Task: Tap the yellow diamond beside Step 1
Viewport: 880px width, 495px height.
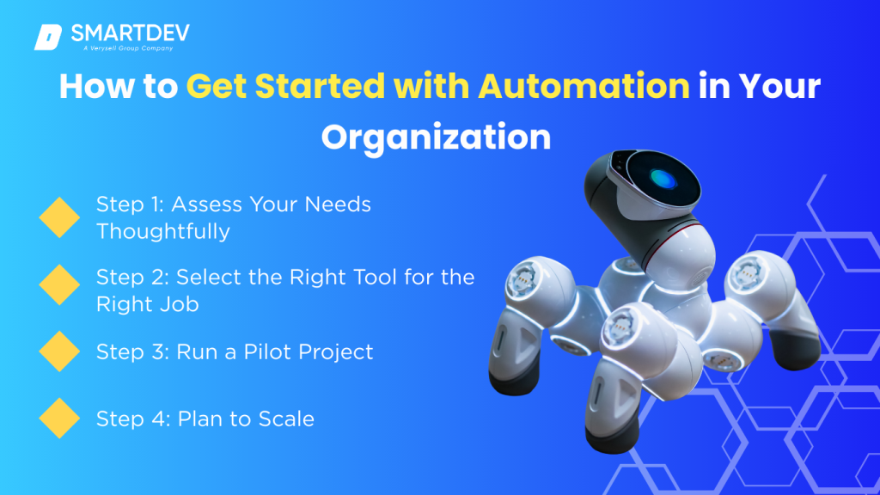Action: point(59,217)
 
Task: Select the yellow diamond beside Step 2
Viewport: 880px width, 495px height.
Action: point(59,284)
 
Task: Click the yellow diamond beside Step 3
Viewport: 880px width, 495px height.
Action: point(59,351)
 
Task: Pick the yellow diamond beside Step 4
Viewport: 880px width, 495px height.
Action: point(59,419)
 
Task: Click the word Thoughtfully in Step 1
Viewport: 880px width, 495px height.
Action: point(162,231)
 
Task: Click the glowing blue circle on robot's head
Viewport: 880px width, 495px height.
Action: point(663,180)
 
